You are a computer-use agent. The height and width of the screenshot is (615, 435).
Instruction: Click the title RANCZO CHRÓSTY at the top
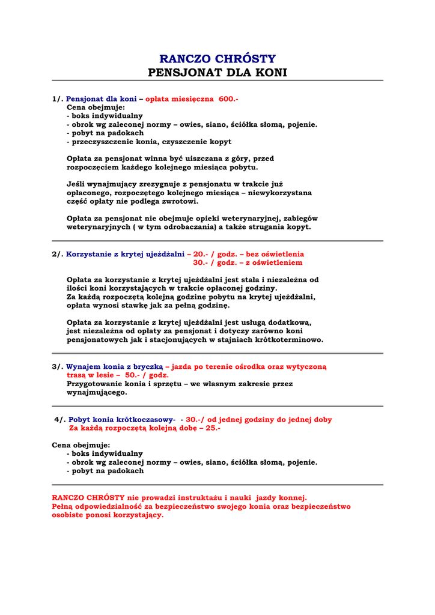[x=217, y=59]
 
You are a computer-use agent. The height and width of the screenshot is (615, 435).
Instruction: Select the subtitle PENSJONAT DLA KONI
[x=217, y=73]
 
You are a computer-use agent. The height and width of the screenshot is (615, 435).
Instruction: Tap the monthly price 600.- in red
[x=228, y=99]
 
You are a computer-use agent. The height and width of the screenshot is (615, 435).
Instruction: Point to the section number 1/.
[x=58, y=99]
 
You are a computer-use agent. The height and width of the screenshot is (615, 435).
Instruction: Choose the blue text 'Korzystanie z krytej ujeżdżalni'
[x=125, y=254]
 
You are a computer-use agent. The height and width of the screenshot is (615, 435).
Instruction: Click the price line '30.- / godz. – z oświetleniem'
[x=248, y=262]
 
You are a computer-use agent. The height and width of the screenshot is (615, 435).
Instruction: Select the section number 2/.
[x=58, y=254]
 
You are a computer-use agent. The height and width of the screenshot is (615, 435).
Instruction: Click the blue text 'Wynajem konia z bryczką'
[x=114, y=366]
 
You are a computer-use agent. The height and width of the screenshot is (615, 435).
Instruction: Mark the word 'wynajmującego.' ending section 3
[x=97, y=392]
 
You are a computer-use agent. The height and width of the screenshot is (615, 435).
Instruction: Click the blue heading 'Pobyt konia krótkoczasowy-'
[x=122, y=420]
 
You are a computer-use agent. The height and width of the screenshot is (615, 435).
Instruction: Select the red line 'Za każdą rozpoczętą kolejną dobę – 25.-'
[x=145, y=428]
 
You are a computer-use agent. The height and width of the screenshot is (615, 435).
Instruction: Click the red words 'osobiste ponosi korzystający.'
[x=108, y=515]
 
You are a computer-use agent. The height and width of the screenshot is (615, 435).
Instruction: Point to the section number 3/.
[x=58, y=366]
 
